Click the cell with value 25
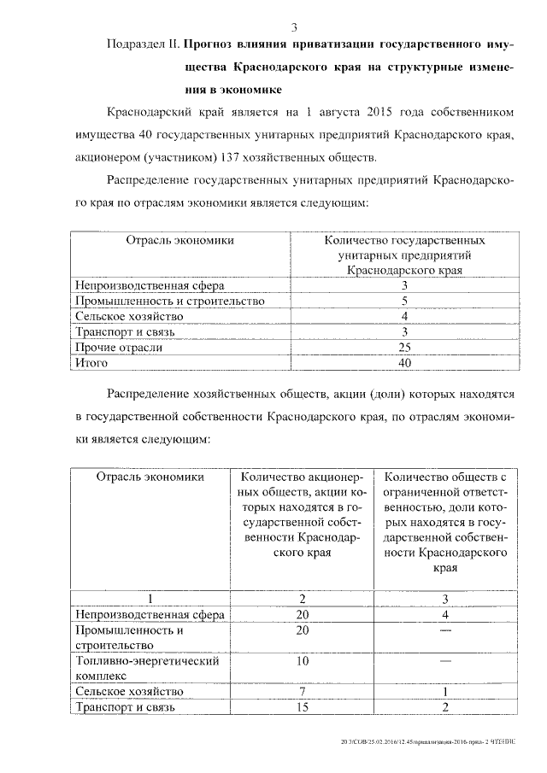[405, 348]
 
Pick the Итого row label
[91, 363]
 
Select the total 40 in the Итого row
[405, 363]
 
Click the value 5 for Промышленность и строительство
[405, 302]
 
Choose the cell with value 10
[302, 661]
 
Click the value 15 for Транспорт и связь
[302, 707]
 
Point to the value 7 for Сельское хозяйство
[302, 691]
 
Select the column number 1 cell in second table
[150, 599]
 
